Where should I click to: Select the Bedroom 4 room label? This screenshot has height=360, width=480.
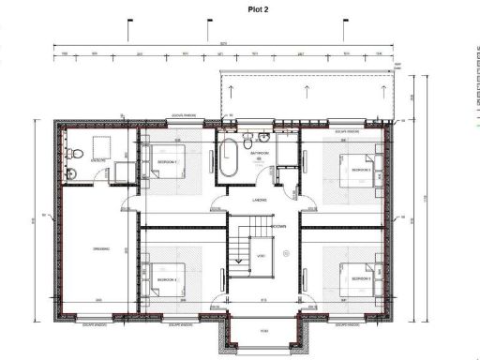click(x=167, y=279)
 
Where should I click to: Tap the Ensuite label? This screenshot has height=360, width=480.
click(x=97, y=161)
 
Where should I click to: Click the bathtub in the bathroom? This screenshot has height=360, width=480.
click(x=229, y=159)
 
